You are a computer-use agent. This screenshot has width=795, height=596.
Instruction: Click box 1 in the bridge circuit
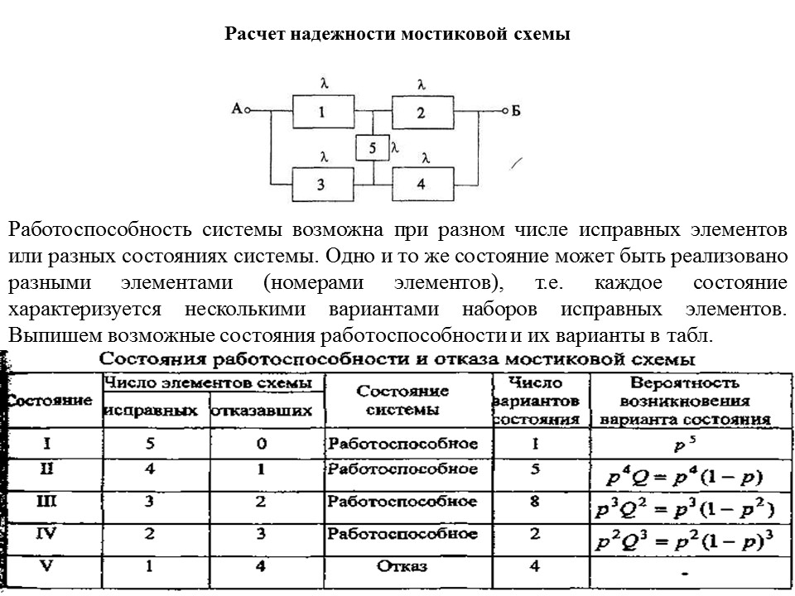pyautogui.click(x=322, y=113)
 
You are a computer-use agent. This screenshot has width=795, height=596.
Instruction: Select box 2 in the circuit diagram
pyautogui.click(x=421, y=113)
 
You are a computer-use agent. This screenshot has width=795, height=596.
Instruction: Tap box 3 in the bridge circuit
pyautogui.click(x=322, y=184)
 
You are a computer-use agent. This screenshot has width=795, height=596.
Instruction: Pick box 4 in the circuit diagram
pyautogui.click(x=421, y=184)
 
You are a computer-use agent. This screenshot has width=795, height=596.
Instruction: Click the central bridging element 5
pyautogui.click(x=373, y=148)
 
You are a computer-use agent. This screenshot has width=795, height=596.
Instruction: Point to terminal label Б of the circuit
pyautogui.click(x=515, y=112)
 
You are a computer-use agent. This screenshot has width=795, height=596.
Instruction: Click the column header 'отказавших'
pyautogui.click(x=263, y=410)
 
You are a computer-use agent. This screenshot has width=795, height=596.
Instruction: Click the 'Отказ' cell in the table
pyautogui.click(x=402, y=567)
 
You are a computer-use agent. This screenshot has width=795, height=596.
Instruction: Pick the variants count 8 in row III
pyautogui.click(x=535, y=502)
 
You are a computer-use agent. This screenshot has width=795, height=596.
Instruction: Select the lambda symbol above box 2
pyautogui.click(x=422, y=84)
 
